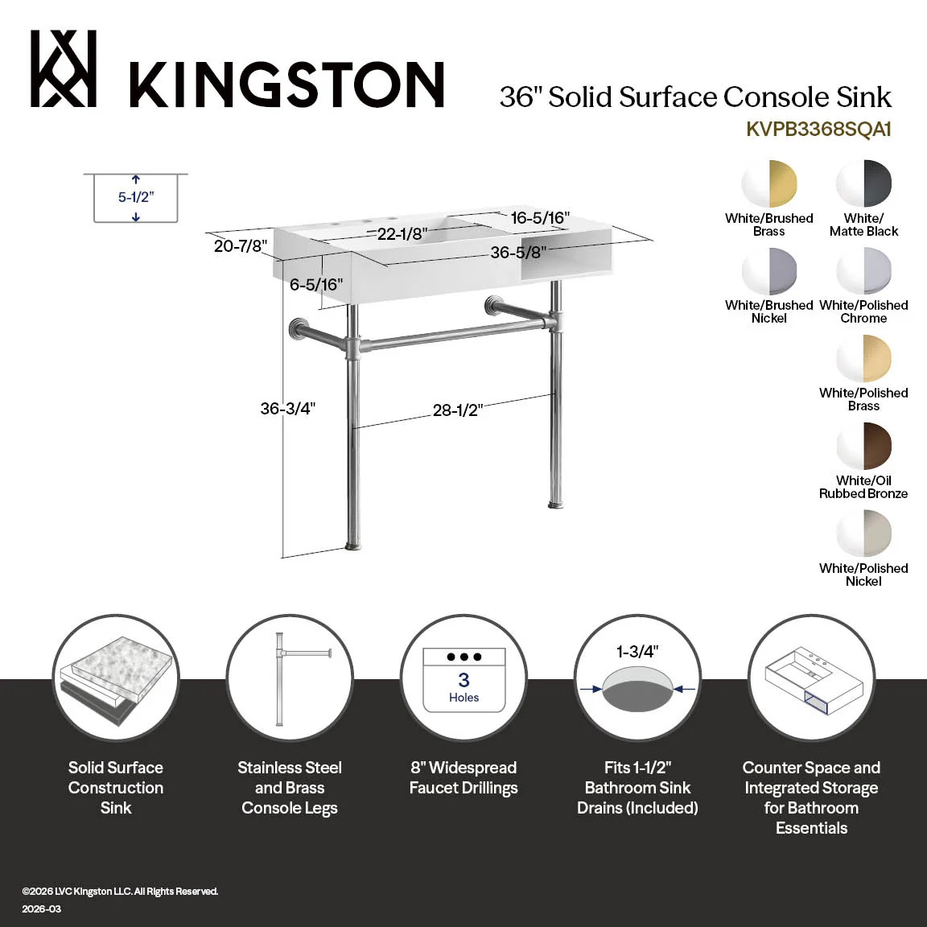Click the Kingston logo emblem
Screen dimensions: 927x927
pyautogui.click(x=64, y=68)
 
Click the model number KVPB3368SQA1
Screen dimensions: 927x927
pyautogui.click(x=818, y=129)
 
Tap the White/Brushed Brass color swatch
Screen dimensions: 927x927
pyautogui.click(x=769, y=183)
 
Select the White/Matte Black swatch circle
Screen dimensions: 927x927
pyautogui.click(x=863, y=183)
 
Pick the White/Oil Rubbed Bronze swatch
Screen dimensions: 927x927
pyautogui.click(x=863, y=446)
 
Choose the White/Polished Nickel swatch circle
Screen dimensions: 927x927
pyautogui.click(x=863, y=534)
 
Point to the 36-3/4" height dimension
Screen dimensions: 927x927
pyautogui.click(x=288, y=409)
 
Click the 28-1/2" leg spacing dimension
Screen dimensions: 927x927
pyautogui.click(x=458, y=410)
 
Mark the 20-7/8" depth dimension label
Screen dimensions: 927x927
pyautogui.click(x=241, y=245)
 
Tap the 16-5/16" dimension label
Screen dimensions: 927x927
pyautogui.click(x=540, y=218)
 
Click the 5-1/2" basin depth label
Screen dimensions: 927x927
pyautogui.click(x=136, y=197)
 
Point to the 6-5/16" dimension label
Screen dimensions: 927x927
pyautogui.click(x=316, y=284)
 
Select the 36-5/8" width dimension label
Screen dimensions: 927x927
pyautogui.click(x=518, y=253)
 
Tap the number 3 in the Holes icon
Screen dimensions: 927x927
pyautogui.click(x=464, y=680)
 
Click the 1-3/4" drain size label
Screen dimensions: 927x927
pyautogui.click(x=637, y=652)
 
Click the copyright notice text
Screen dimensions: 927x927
pyautogui.click(x=120, y=892)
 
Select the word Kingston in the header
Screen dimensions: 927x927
pyautogui.click(x=286, y=84)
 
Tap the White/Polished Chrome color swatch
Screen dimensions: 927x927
pyautogui.click(x=863, y=270)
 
